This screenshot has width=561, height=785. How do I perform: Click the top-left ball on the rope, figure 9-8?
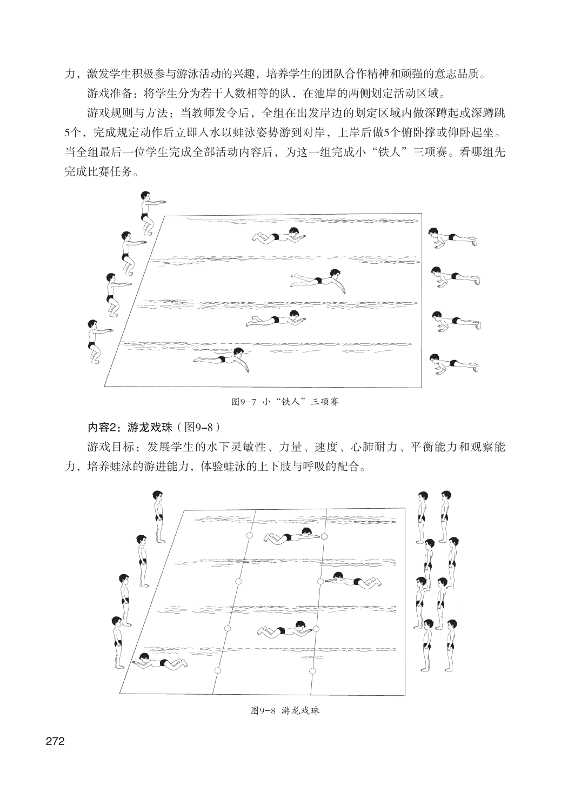click(249, 535)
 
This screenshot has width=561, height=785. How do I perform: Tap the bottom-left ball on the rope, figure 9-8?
click(218, 670)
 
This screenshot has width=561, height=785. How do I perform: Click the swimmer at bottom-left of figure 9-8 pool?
click(161, 661)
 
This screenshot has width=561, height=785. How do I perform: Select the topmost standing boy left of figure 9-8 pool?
click(158, 517)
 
